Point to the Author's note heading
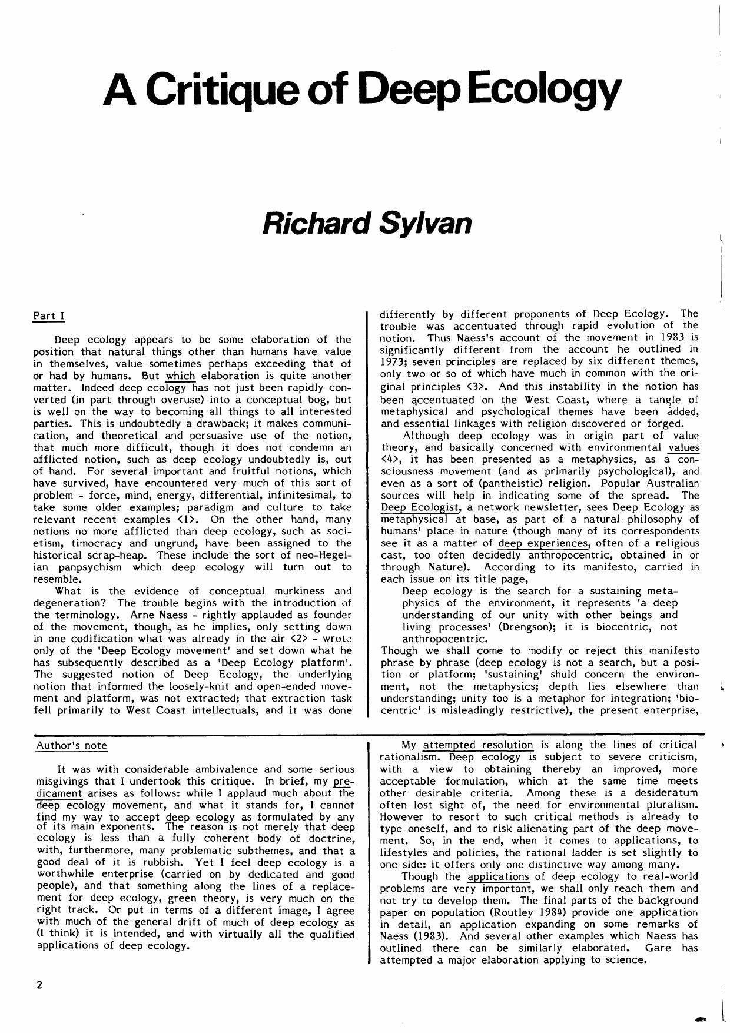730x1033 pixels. (x=72, y=745)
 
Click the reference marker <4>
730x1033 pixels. (x=390, y=459)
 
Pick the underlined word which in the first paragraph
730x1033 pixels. (x=180, y=376)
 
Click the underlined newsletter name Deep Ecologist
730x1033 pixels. (x=419, y=507)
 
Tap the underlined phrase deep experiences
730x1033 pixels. (x=543, y=543)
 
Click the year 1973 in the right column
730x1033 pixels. (x=391, y=362)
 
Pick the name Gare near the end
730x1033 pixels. (x=658, y=948)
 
